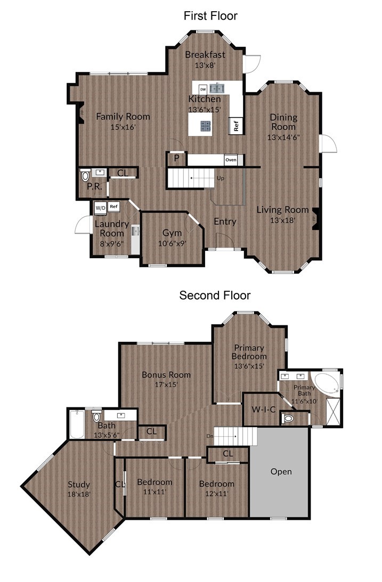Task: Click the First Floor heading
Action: coord(210,16)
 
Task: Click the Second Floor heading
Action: coord(215,296)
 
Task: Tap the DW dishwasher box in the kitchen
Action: coord(203,89)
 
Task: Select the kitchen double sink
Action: coord(218,88)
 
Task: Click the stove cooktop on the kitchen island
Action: coord(206,126)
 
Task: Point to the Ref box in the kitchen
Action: coord(235,126)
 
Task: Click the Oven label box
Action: coord(231,160)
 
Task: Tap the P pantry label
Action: coord(177,159)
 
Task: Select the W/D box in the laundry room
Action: coord(101,208)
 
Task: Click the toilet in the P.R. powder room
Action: coord(85,175)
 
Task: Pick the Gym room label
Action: coord(172,233)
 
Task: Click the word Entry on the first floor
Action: coord(225,222)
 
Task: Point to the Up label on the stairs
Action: coord(221,178)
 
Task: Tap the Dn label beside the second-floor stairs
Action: coord(210,436)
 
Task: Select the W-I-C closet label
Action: coord(264,409)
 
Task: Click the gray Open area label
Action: coord(281,472)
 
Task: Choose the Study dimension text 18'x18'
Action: coord(79,494)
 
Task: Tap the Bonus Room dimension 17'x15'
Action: coord(166,384)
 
